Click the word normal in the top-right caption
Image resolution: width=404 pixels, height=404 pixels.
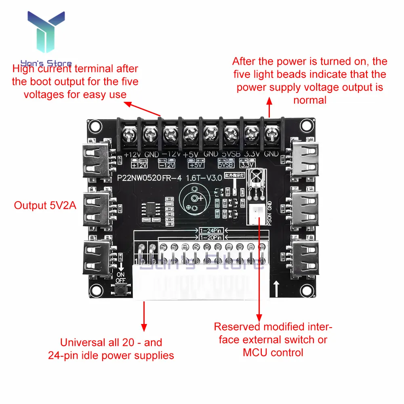tap(309, 100)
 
